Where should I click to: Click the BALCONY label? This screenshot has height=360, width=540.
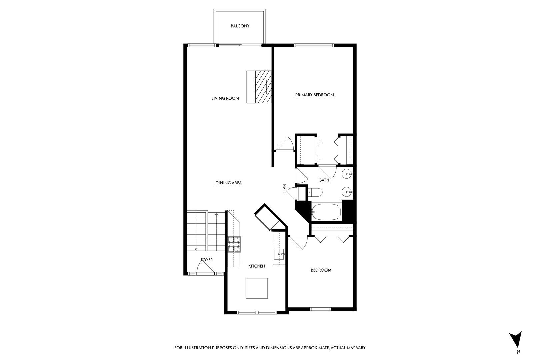tap(240, 26)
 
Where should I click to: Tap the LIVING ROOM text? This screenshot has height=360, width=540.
tap(225, 98)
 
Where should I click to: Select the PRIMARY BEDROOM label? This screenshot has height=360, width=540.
tap(315, 95)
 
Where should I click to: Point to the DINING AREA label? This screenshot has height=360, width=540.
tap(229, 183)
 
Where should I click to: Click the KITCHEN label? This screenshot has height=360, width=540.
tap(257, 266)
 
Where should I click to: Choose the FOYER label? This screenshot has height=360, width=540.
tap(207, 260)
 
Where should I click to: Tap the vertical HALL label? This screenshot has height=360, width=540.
tap(284, 189)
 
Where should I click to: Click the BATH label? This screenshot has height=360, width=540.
tap(324, 180)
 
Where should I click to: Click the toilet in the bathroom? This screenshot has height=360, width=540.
tap(316, 192)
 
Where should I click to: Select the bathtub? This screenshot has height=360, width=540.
tap(326, 212)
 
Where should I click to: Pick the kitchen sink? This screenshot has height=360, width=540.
tap(279, 254)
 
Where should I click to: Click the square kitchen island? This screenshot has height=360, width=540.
tap(257, 288)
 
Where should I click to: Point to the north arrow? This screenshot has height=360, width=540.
tap(516, 340)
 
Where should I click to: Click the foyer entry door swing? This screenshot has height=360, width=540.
tap(205, 267)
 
